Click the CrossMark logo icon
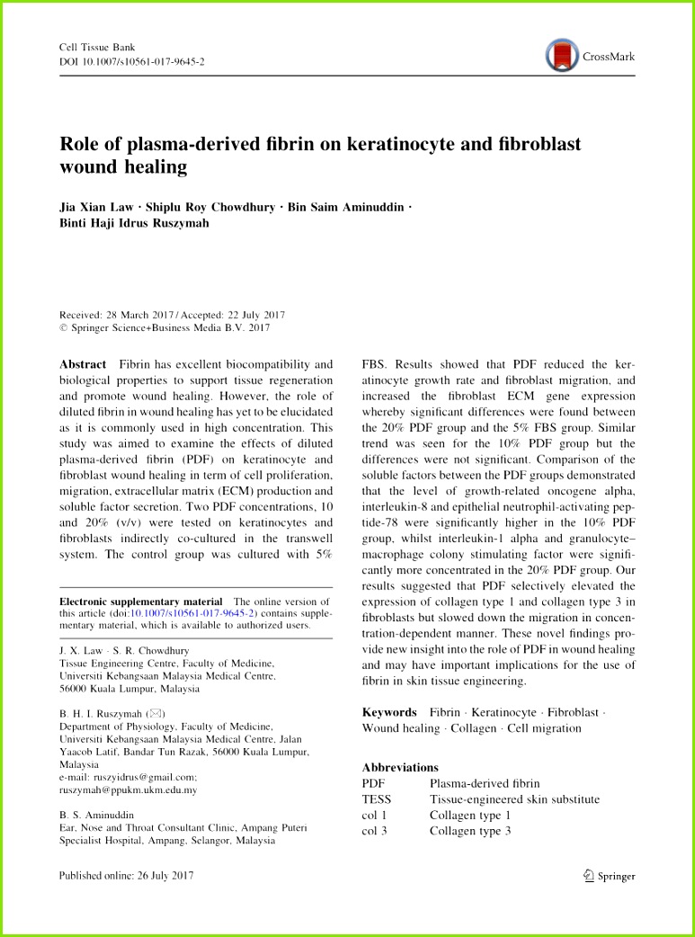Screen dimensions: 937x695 point(562,56)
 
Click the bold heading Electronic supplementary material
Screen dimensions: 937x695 point(140,602)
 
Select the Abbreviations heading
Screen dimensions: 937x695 point(400,767)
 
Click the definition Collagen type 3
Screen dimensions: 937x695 point(469,831)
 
